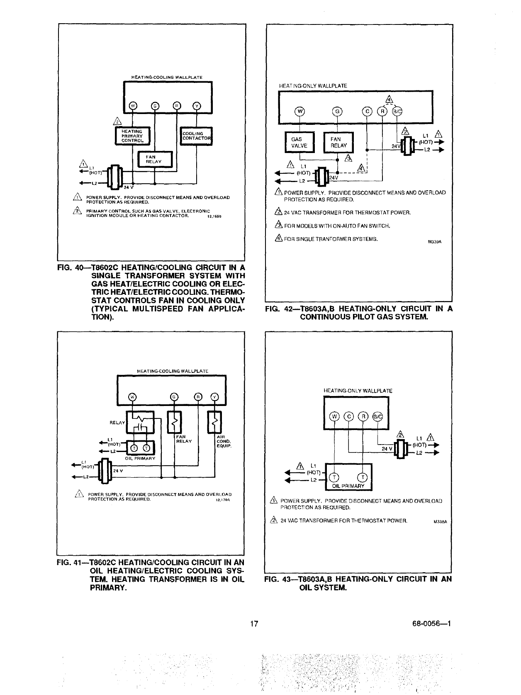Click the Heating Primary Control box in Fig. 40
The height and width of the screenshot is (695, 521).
point(132,136)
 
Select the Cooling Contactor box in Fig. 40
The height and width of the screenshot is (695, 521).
point(196,136)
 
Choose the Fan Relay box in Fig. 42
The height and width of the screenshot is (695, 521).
point(338,143)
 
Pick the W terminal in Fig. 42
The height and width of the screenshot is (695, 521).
point(299,111)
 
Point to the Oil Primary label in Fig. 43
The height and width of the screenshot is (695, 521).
point(349,486)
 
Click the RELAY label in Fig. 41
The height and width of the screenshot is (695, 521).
point(117,423)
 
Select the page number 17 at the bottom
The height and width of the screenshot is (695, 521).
point(254,623)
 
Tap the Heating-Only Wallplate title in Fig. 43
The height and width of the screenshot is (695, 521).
point(358,391)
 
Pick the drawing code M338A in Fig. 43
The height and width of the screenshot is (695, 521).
point(439,522)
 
